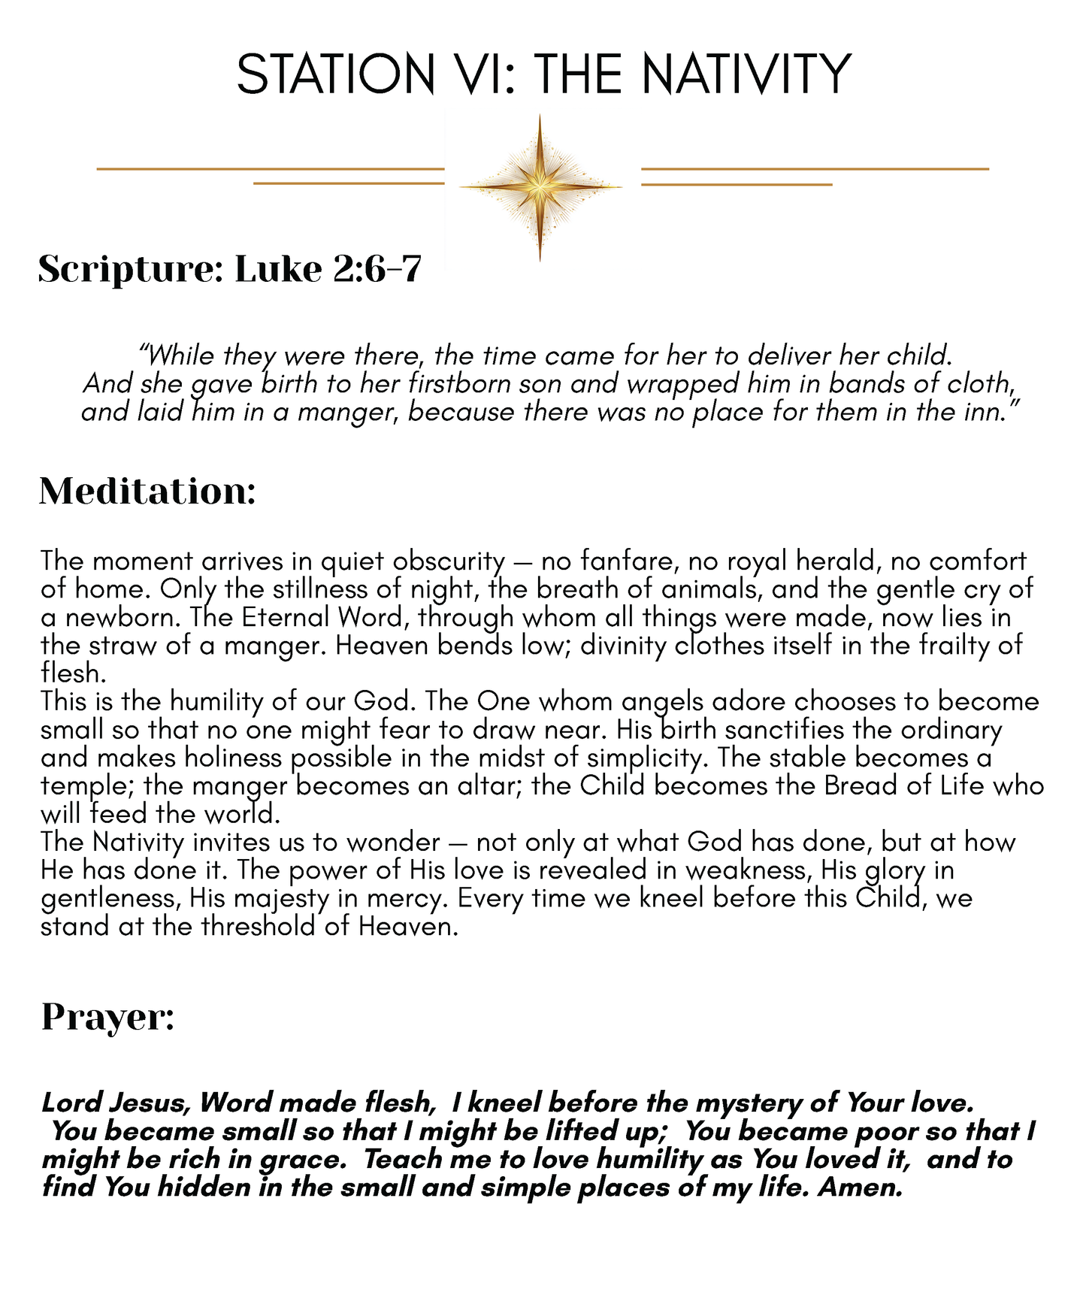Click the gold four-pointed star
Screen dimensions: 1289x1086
[x=540, y=186]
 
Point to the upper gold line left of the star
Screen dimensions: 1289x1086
[x=271, y=169]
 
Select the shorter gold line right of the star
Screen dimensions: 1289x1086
[x=737, y=184]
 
